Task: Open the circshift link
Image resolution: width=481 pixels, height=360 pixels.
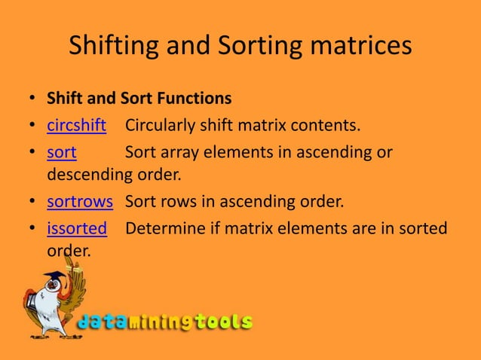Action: (76, 124)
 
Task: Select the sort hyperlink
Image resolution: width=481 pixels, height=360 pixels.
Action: (62, 152)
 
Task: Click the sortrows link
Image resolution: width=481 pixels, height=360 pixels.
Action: (80, 202)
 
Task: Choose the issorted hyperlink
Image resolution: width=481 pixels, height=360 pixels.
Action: (77, 228)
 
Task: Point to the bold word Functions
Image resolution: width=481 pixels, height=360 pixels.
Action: (195, 99)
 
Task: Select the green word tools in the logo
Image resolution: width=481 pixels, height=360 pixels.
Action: (224, 322)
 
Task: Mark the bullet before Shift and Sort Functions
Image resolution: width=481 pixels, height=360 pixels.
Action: (31, 99)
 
